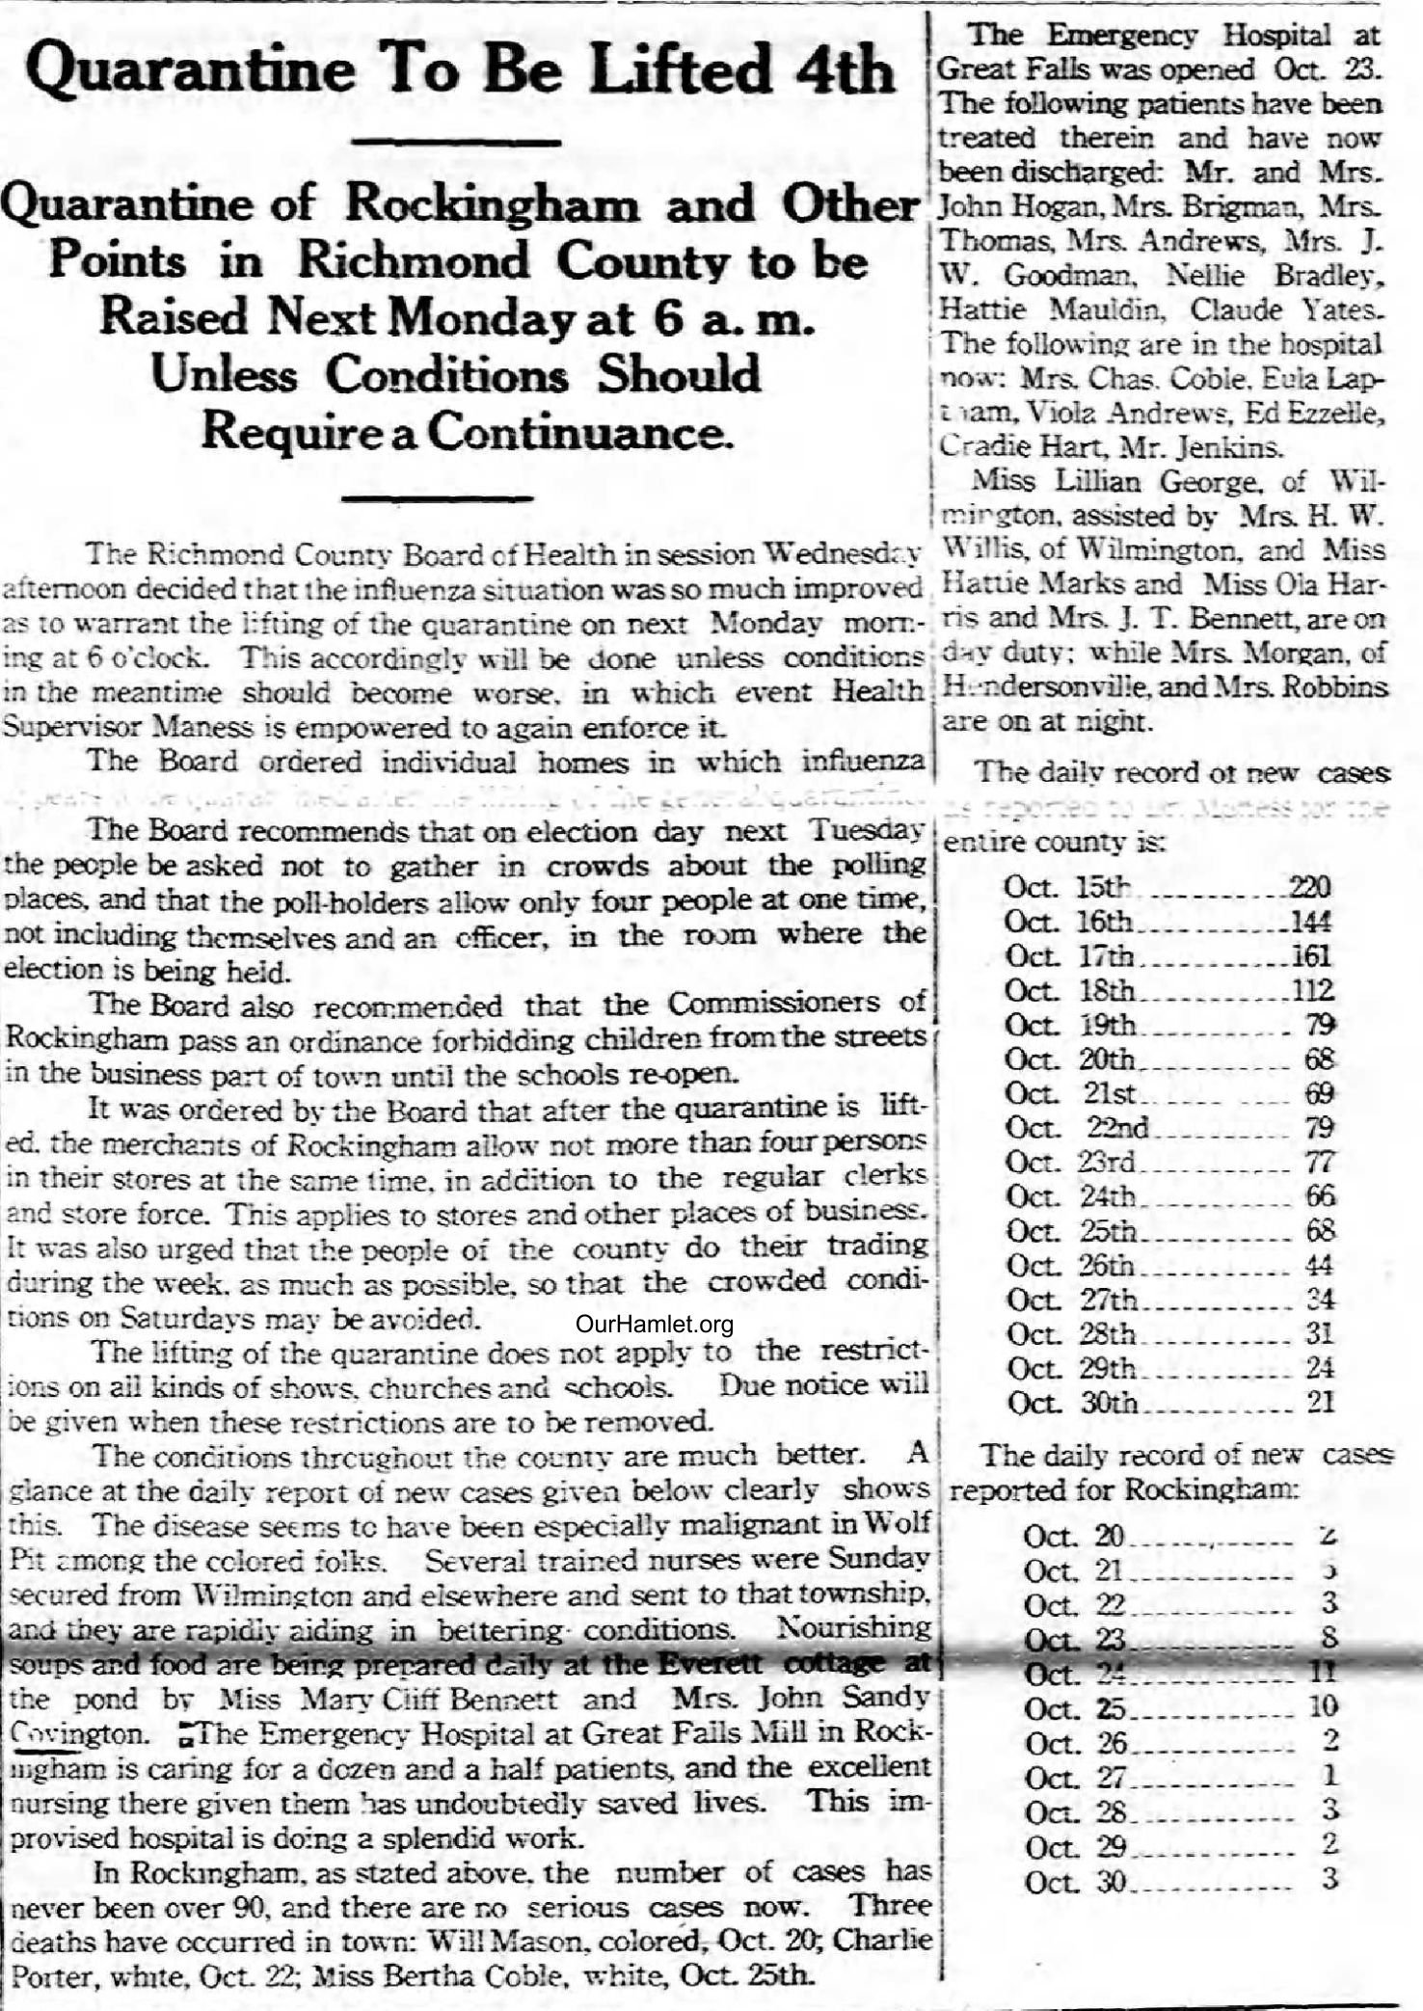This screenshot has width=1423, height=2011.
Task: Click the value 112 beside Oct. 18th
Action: click(x=1311, y=990)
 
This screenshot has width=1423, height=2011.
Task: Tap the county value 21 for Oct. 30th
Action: click(x=1321, y=1403)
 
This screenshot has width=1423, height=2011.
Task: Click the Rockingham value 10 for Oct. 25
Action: click(x=1324, y=1705)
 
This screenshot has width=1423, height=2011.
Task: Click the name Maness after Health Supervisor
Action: click(x=209, y=727)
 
